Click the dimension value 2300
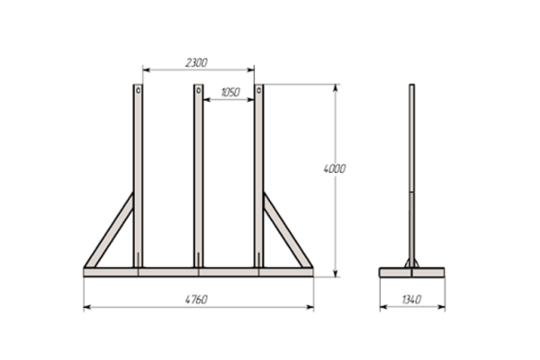click(x=196, y=63)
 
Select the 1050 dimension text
click(x=230, y=93)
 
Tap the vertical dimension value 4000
click(x=335, y=169)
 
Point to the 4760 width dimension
click(x=196, y=300)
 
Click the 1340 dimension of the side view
click(x=411, y=300)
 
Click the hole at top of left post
click(x=138, y=91)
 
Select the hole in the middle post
click(x=198, y=91)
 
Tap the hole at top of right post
click(x=259, y=91)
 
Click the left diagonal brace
click(x=109, y=230)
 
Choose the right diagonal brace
click(x=288, y=230)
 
